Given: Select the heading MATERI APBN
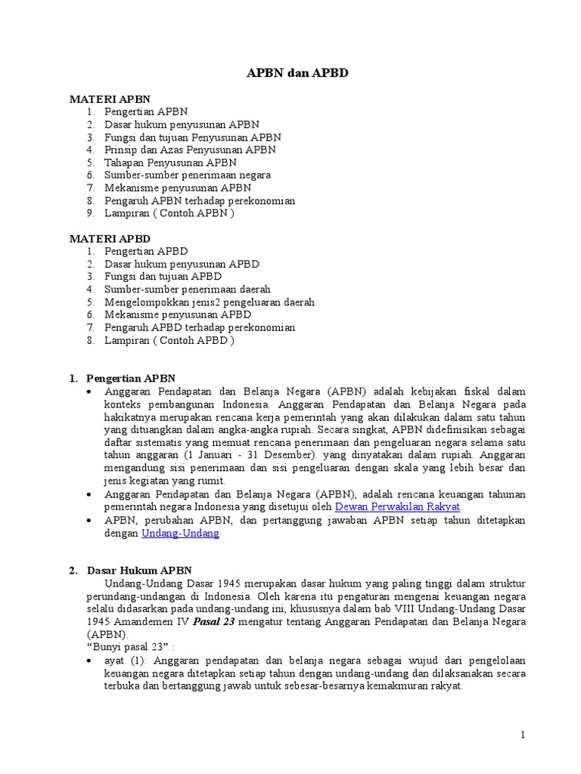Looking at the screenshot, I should tap(110, 99).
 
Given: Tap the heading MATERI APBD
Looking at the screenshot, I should tap(110, 238).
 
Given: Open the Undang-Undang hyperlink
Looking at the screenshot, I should tap(180, 533).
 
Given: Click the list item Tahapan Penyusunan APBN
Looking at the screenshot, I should tap(170, 163).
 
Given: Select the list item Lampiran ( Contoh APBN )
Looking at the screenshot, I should tap(169, 213).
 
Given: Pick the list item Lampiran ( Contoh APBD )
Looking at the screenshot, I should tap(169, 340).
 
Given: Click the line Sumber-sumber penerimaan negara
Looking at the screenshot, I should tap(188, 175).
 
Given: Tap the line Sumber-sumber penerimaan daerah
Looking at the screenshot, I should tap(187, 289).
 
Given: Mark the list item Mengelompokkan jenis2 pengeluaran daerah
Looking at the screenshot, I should tap(209, 302).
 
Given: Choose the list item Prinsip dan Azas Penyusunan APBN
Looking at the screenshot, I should tap(190, 150).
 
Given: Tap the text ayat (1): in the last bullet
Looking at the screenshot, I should tap(126, 660).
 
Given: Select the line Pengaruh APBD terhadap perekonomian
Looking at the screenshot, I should tap(200, 327).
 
